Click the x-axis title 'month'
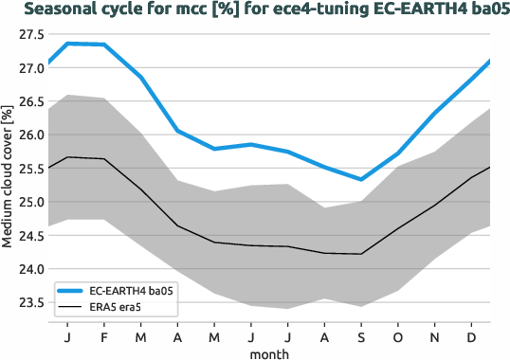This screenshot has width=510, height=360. click(x=269, y=351)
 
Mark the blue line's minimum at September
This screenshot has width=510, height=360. click(x=360, y=179)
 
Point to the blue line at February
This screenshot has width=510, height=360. click(x=103, y=45)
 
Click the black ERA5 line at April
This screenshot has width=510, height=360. click(x=177, y=225)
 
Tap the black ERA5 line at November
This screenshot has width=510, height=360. click(x=434, y=206)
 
